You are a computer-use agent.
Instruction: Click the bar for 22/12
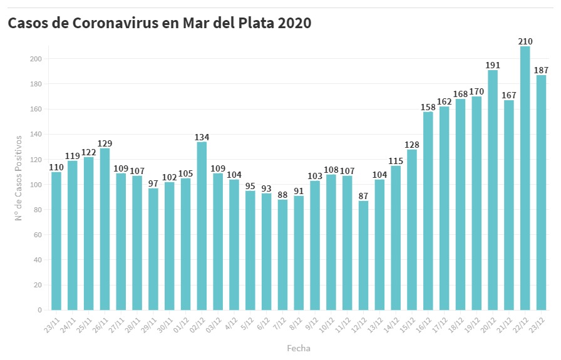pyautogui.click(x=525, y=178)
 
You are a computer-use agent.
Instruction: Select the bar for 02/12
pyautogui.click(x=202, y=226)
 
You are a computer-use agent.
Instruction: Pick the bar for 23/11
pyautogui.click(x=56, y=241)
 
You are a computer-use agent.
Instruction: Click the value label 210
pyautogui.click(x=525, y=41)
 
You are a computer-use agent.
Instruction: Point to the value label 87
pyautogui.click(x=363, y=196)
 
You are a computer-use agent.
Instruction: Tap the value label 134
pyautogui.click(x=202, y=137)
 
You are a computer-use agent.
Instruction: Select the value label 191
pyautogui.click(x=493, y=65)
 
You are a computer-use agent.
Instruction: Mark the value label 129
pyautogui.click(x=105, y=143)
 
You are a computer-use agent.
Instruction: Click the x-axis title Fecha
pyautogui.click(x=299, y=348)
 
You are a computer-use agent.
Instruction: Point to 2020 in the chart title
pyautogui.click(x=294, y=24)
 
